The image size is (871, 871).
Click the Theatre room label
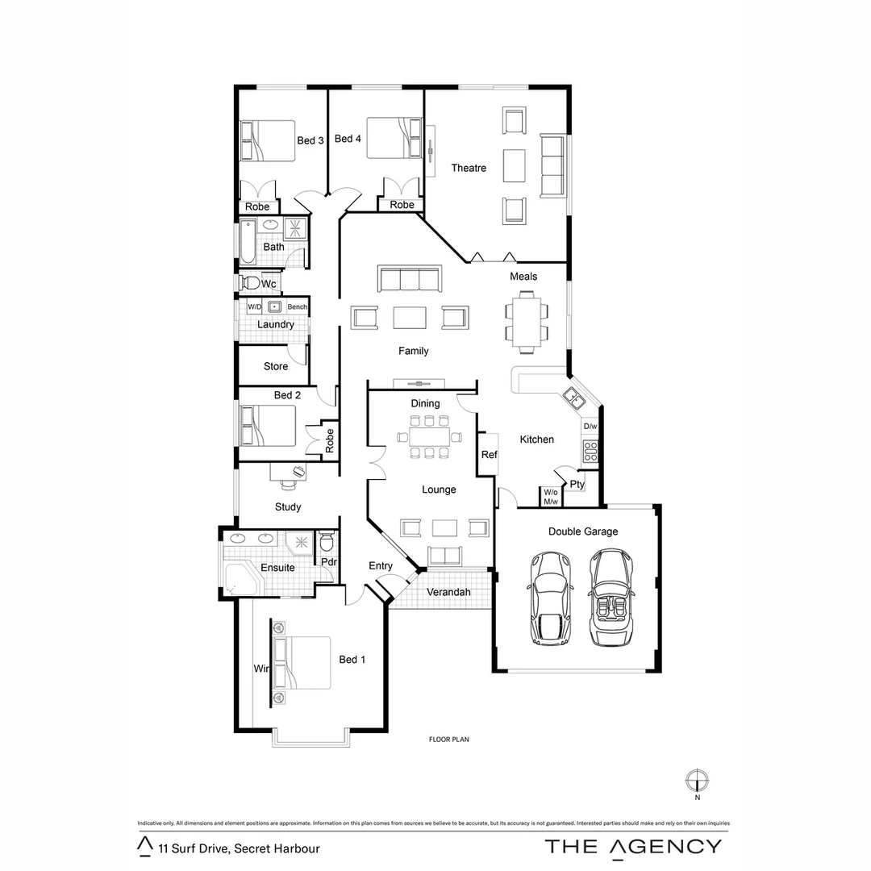pyautogui.click(x=469, y=168)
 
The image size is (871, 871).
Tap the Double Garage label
pyautogui.click(x=583, y=531)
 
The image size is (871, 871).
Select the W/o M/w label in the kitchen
pyautogui.click(x=551, y=497)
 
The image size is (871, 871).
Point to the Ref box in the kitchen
pyautogui.click(x=489, y=455)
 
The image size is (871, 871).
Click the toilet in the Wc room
pyautogui.click(x=250, y=283)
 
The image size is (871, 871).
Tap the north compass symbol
pyautogui.click(x=696, y=781)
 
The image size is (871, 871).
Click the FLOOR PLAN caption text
pyautogui.click(x=448, y=739)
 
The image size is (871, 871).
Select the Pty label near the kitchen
pyautogui.click(x=577, y=485)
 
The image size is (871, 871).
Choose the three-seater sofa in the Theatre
pyautogui.click(x=552, y=167)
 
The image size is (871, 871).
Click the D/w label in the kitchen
pyautogui.click(x=590, y=427)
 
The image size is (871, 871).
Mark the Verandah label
pyautogui.click(x=448, y=592)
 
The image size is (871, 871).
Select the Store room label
pyautogui.click(x=276, y=366)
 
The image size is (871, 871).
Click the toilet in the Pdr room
pyautogui.click(x=327, y=541)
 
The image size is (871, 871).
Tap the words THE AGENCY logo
pyautogui.click(x=633, y=846)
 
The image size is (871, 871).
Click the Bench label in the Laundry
pyautogui.click(x=297, y=307)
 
